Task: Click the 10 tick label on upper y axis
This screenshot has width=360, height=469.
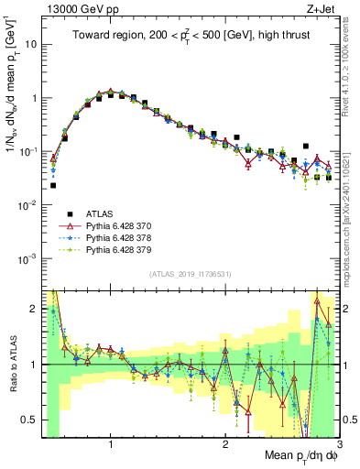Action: click(x=29, y=44)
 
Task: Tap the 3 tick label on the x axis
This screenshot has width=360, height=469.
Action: click(x=338, y=442)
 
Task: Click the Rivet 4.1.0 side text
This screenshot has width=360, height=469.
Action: click(x=349, y=64)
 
